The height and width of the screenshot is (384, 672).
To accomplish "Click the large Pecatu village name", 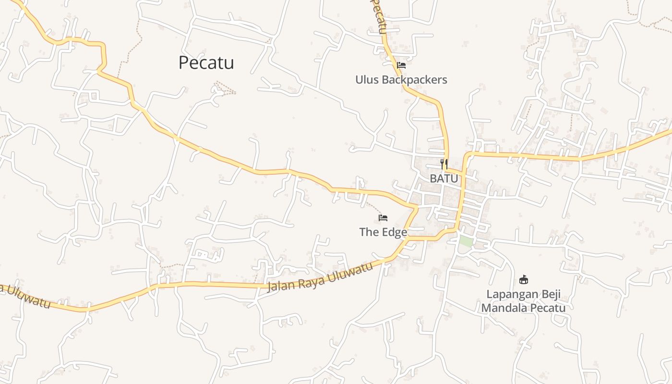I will pos(206,63).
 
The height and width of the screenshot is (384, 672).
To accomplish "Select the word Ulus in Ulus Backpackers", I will pos(367,80).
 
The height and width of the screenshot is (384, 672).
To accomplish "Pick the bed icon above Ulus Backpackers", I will pos(401,65).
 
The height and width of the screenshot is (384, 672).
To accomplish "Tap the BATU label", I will pos(444,178).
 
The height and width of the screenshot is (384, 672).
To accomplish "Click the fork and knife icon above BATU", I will pos(444,163).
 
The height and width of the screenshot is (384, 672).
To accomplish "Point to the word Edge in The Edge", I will pos(394,232).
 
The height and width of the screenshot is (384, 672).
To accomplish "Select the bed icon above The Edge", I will pos(383,218).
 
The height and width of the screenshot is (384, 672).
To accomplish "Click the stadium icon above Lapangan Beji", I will pos(524,279).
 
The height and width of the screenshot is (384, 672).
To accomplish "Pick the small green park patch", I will pos(465,241).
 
